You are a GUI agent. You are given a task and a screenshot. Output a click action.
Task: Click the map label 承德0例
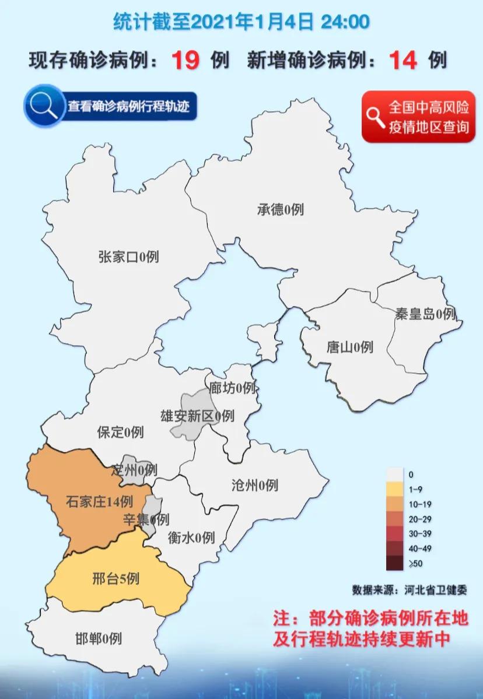pos(280,209)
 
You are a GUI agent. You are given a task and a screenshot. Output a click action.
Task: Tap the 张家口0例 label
pos(128,256)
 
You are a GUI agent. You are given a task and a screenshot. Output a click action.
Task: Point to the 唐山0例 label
pos(349,347)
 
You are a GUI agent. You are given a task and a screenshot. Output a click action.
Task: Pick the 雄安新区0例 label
pos(197,416)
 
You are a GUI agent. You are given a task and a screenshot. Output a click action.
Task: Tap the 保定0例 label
pos(120,432)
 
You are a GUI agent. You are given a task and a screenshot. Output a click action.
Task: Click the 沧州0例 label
pos(254,484)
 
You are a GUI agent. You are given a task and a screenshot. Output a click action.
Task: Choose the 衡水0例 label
pos(191,537)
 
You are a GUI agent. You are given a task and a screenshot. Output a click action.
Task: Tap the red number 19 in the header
pos(185,60)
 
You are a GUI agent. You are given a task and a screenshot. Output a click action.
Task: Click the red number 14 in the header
pos(403,60)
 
